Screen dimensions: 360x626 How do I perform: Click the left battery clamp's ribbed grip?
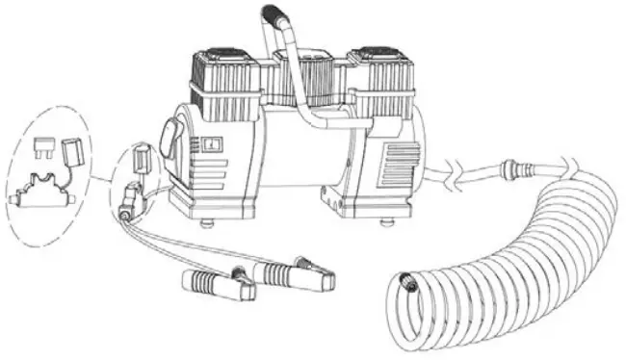[205, 283]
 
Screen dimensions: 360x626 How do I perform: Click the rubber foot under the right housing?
[388, 225]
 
